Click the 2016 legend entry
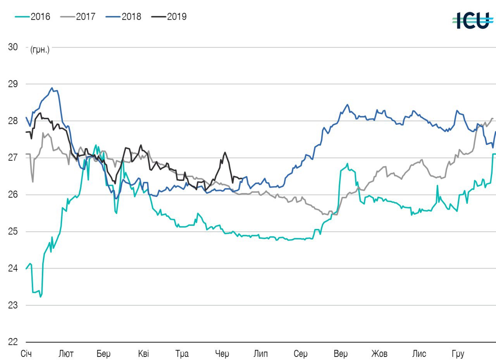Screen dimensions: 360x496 pos(33,17)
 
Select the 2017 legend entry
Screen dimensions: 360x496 pos(78,17)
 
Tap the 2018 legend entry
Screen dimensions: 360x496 pos(124,17)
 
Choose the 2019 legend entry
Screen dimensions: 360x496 pos(169,17)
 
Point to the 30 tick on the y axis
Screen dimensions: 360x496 pos(13,47)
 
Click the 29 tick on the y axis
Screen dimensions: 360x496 pos(13,84)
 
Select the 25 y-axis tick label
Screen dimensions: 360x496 pos(13,231)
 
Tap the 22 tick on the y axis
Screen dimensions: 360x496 pos(13,342)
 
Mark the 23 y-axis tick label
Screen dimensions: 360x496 pos(13,305)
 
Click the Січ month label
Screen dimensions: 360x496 pos(26,354)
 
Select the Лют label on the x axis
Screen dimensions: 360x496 pos(66,354)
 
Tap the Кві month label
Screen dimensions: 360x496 pos(143,354)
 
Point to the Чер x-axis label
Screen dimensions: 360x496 pos(222,354)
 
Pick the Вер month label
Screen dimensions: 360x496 pos(341,354)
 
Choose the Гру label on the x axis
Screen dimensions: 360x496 pos(458,354)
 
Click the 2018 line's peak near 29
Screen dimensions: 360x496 pos(52,88)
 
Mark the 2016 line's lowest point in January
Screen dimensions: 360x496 pos(40,297)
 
